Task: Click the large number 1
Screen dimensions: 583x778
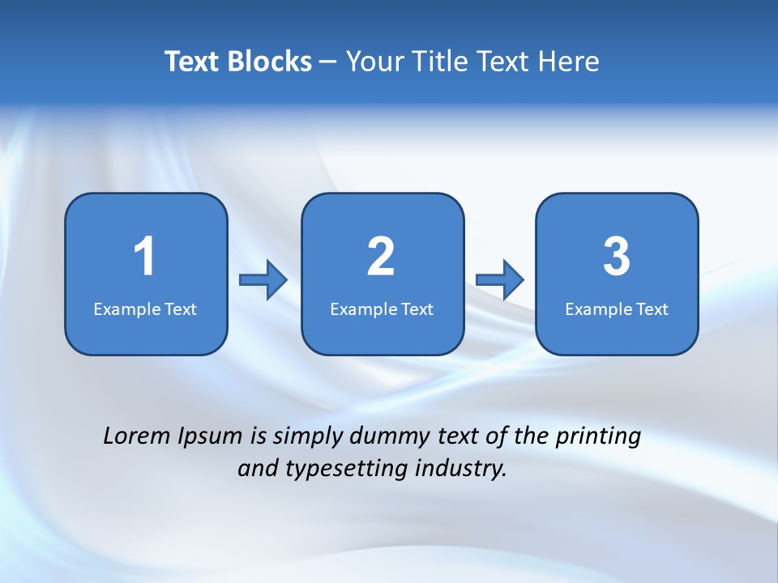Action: pos(145,257)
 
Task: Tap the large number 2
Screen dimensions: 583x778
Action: pos(381,257)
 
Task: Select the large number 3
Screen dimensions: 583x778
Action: pos(617,257)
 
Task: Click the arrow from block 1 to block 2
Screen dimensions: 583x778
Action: pos(263,280)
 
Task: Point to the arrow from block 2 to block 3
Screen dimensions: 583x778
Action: pos(500,280)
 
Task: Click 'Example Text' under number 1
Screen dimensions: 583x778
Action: pos(145,309)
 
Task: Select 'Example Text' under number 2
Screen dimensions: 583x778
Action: pos(382,309)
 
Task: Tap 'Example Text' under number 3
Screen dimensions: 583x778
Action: pos(617,309)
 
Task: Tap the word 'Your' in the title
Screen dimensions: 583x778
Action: pos(374,62)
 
